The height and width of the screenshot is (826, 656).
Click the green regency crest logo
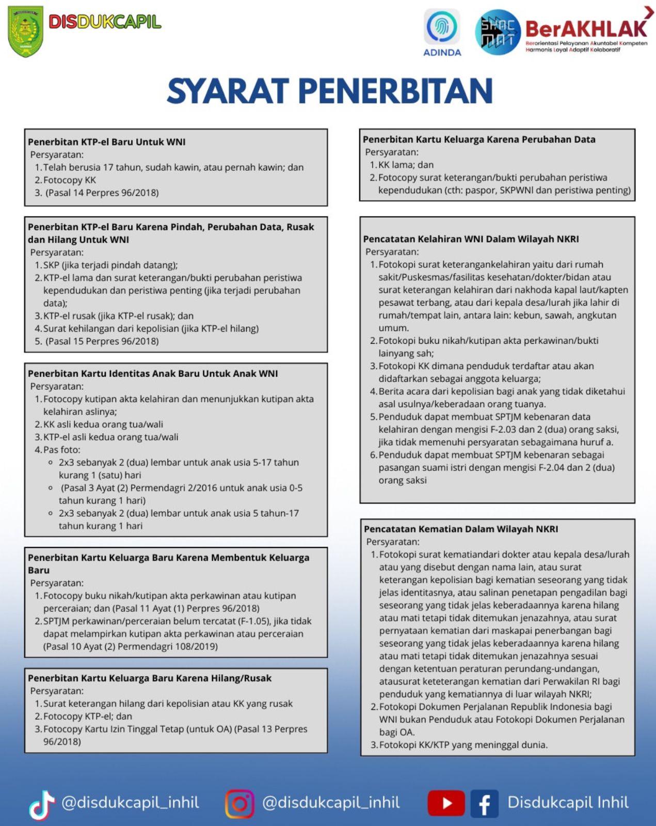click(25, 31)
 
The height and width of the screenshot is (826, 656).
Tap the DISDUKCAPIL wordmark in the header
click(105, 22)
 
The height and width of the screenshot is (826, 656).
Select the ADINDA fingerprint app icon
click(442, 27)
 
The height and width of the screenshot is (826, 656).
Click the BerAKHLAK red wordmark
click(585, 28)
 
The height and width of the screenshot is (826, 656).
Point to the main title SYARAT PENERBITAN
click(329, 91)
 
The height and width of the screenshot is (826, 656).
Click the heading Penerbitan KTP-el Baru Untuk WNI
click(106, 142)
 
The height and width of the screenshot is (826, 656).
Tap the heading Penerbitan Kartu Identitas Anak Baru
click(153, 373)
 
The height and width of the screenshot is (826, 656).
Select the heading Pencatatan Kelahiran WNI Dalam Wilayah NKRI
click(471, 239)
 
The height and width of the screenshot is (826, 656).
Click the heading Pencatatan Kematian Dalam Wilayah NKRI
click(461, 529)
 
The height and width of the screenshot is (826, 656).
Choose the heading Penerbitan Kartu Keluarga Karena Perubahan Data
click(479, 139)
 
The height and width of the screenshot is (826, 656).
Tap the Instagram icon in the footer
click(239, 804)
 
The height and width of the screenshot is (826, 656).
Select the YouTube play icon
click(446, 803)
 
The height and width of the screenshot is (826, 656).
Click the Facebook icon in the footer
click(484, 804)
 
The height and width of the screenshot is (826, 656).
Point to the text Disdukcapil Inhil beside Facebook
click(568, 802)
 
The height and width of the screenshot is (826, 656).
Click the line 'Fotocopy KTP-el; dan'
click(88, 716)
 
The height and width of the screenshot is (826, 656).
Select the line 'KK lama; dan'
click(406, 165)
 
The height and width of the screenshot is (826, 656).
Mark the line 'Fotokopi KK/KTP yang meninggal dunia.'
click(463, 745)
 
